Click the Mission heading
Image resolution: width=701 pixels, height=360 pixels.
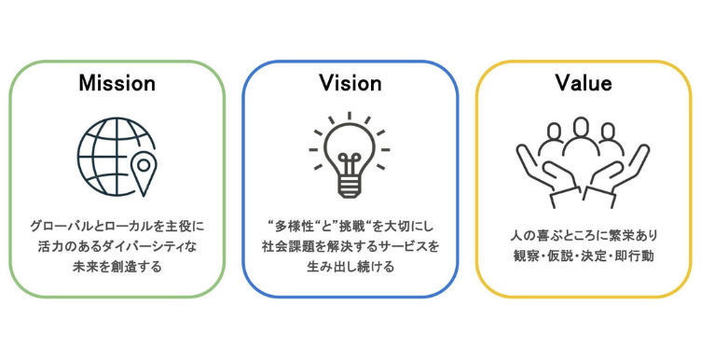[x=117, y=83]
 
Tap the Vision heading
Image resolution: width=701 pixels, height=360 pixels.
[x=350, y=83]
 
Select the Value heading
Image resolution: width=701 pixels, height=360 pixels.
[x=583, y=83]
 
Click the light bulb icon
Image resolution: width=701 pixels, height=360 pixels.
[x=350, y=154]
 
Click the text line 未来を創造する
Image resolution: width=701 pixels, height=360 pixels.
[x=117, y=267]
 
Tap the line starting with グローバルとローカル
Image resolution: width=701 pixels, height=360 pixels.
[x=117, y=226]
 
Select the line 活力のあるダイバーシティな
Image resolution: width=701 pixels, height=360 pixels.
[x=117, y=246]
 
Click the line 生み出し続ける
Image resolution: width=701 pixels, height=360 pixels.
[x=350, y=267]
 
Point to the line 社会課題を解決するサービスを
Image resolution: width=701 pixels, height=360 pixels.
[x=350, y=246]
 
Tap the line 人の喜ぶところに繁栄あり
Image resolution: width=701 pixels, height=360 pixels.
[x=583, y=234]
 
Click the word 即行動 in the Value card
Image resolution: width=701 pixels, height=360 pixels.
[x=638, y=255]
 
